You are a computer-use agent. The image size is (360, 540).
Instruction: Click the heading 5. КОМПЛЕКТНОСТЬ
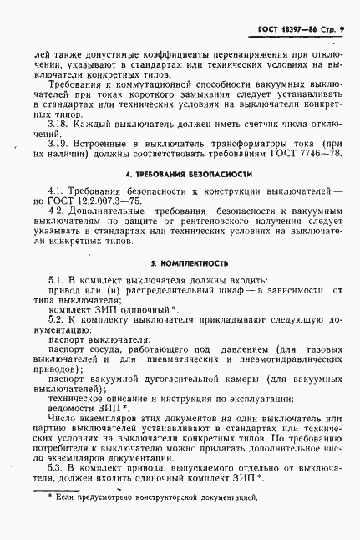point(187,283)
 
